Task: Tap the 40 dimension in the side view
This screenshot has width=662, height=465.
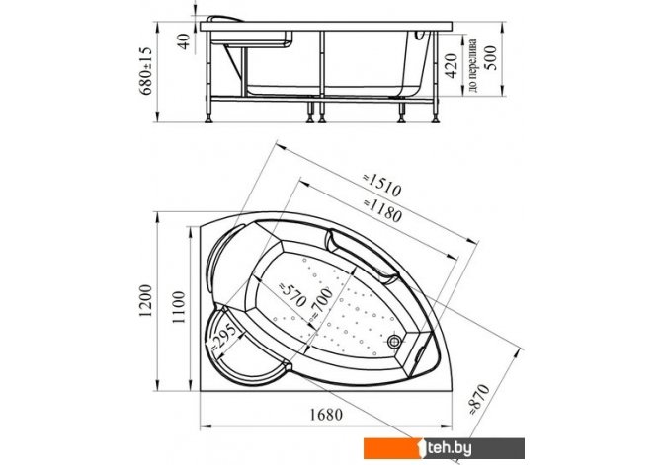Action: tap(185, 41)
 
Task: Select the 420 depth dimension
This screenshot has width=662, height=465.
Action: tap(452, 66)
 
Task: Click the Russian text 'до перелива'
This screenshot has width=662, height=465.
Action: tap(473, 65)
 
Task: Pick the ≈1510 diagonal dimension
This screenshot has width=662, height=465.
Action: tap(382, 185)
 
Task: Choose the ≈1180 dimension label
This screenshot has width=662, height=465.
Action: tap(382, 210)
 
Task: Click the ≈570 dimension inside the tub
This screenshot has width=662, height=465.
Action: tap(291, 294)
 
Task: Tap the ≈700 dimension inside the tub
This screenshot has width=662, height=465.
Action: tap(322, 303)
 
